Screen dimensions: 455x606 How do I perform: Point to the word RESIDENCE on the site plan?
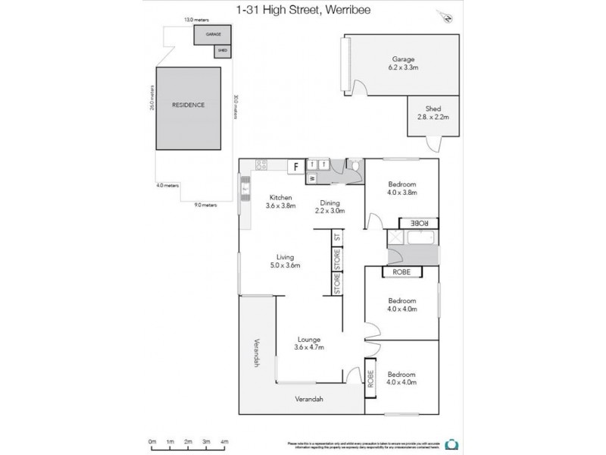coord(188,105)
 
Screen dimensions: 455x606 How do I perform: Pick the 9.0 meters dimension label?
coord(205,205)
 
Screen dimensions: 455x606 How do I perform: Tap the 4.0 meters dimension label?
coord(167,185)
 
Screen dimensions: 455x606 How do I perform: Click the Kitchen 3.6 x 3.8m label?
coord(280,201)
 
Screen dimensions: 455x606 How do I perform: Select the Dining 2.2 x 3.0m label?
coord(330,207)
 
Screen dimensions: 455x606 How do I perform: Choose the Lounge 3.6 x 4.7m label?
coord(309,344)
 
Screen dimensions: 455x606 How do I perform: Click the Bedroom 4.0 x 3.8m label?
coord(402,188)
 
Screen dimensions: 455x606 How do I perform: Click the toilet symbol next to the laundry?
coord(353,165)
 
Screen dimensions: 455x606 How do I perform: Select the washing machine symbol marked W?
coord(311,179)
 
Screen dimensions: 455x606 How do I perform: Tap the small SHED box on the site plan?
coord(222,51)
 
